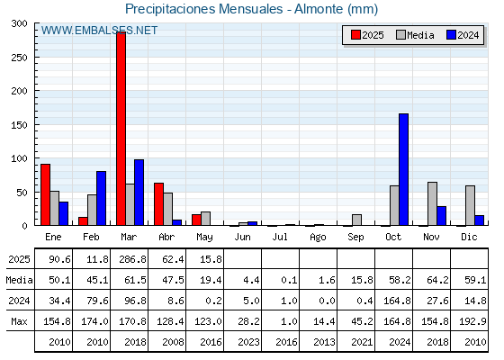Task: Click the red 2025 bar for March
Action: coord(121,129)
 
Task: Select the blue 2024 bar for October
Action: coord(404,169)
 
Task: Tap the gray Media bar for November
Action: coord(432,203)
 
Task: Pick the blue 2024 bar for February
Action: coord(101,198)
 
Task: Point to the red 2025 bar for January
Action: coord(46,194)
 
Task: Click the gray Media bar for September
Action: coord(356,220)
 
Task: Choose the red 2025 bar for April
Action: coord(158,204)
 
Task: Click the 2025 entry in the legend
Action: coord(367,35)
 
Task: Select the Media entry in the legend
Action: coord(415,35)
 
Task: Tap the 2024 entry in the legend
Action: coord(463,35)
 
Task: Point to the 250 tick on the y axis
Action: coord(19,58)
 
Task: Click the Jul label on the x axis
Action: coord(280,237)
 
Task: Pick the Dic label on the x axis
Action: coord(469,237)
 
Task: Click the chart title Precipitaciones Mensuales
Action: coord(203,9)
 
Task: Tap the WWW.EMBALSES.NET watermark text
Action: coord(99,31)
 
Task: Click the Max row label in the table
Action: coord(19,321)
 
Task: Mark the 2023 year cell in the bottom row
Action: coord(248,342)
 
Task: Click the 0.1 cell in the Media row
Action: coord(289,280)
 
